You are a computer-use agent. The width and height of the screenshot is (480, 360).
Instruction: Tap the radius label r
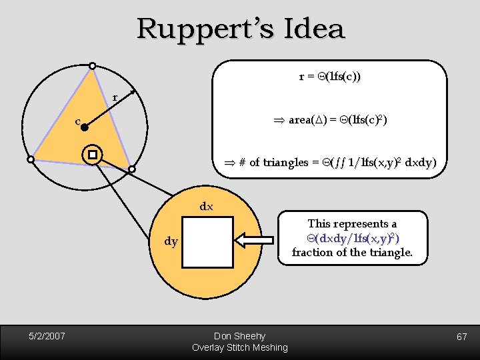pos(115,97)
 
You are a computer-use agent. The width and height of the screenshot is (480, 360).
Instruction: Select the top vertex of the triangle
pos(93,65)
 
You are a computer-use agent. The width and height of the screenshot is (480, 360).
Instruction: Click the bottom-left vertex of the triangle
pos(31,159)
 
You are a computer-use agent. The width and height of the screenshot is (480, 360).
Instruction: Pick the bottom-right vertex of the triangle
pos(131,169)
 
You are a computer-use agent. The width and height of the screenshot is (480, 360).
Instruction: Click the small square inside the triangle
pos(93,155)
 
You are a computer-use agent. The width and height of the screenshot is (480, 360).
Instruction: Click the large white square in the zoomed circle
pos(207,242)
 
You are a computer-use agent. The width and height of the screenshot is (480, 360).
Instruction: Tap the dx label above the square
pos(207,207)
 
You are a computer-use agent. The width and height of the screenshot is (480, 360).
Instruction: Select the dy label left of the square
pos(171,241)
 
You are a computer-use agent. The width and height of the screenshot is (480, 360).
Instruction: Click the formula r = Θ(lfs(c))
pos(330,77)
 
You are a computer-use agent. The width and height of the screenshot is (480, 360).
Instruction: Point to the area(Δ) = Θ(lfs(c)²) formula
pos(331,120)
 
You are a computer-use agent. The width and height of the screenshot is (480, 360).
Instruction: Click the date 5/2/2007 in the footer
pos(46,336)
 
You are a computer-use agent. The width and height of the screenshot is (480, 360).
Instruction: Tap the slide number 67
pos(461,337)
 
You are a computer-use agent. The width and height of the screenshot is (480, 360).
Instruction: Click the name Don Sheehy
pos(239,336)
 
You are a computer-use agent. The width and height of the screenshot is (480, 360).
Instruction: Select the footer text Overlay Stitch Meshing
pos(239,347)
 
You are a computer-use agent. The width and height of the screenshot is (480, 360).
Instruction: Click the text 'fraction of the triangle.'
pos(352,253)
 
